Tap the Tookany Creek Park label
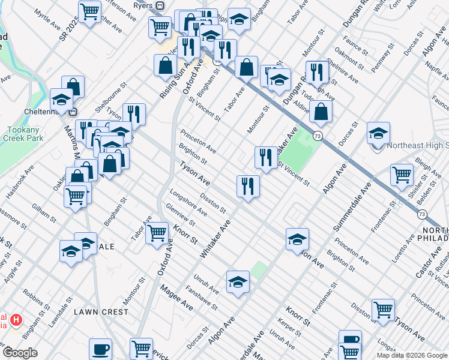[25, 134]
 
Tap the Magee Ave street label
[176, 298]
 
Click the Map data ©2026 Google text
[412, 355]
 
